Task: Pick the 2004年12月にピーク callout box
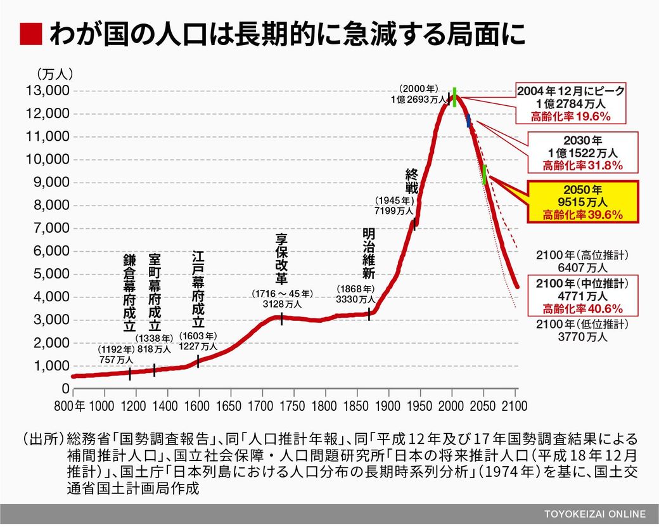pos(571,103)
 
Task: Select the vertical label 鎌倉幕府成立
pos(130,292)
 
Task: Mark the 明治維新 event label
pos(369,254)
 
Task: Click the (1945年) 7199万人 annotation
pos(393,205)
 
